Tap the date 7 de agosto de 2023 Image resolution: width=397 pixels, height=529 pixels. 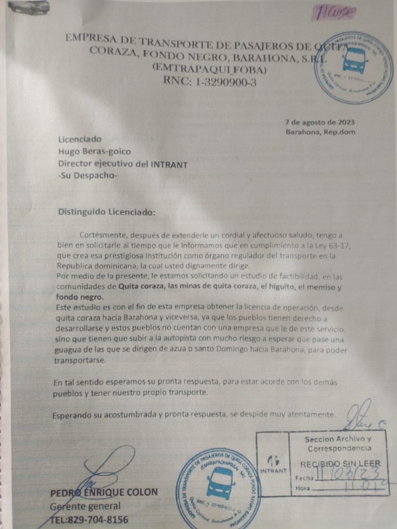(319, 122)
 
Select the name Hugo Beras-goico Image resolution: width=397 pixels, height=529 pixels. (95, 151)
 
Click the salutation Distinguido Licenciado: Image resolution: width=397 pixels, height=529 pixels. (106, 211)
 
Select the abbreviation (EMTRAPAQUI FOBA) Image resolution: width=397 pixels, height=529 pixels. (209, 69)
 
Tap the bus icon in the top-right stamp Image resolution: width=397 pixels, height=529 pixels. (354, 60)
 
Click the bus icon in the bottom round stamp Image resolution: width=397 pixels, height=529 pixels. (220, 483)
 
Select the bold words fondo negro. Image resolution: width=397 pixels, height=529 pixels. (80, 297)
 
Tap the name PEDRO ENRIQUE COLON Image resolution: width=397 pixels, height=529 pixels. (104, 492)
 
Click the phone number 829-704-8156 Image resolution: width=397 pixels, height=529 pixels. (97, 519)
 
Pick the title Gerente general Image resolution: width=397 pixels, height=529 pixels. (85, 506)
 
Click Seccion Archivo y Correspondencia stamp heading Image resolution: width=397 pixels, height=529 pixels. (337, 443)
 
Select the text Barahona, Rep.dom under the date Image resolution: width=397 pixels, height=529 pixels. (320, 132)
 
